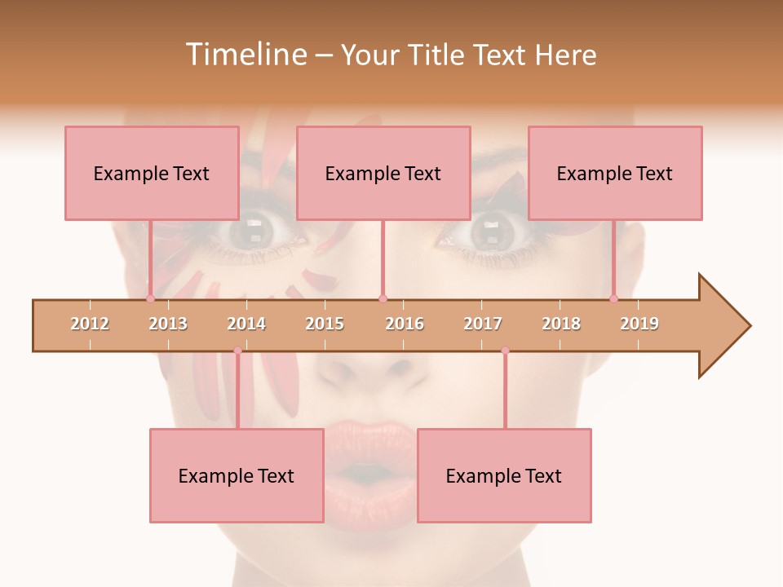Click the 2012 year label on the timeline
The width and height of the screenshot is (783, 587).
point(90,324)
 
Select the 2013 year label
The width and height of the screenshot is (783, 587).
point(168,324)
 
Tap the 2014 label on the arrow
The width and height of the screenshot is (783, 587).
point(246,324)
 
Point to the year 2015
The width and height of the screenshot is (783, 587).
point(325,324)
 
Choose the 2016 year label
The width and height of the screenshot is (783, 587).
point(405,324)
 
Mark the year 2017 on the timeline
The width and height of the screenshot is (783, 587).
point(483,324)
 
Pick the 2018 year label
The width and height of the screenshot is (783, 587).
point(561,324)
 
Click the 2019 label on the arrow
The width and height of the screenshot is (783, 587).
point(639,324)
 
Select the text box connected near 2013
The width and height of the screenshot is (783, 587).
point(152,173)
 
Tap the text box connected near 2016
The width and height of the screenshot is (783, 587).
point(383,173)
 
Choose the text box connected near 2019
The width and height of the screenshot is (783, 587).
point(615,173)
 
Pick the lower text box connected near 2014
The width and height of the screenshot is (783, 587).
point(237,475)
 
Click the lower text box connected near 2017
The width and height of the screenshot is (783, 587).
point(504,475)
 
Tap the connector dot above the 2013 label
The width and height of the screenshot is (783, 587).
point(151,298)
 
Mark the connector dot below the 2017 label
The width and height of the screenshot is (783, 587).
point(505,351)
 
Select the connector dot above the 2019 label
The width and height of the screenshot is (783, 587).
point(614,298)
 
